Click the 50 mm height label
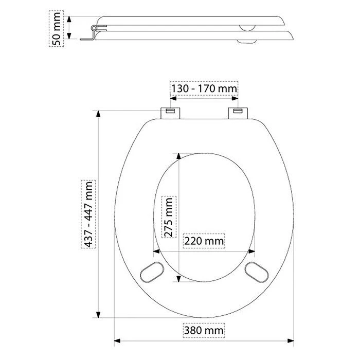[x=56, y=29]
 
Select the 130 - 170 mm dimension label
[x=204, y=88]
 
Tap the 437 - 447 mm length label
[x=88, y=214]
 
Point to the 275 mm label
[x=169, y=217]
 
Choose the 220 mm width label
[x=204, y=241]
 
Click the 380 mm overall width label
[x=204, y=331]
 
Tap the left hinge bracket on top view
[x=170, y=113]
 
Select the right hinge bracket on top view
[x=238, y=113]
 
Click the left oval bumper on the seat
[x=152, y=272]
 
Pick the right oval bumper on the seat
[x=257, y=272]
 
